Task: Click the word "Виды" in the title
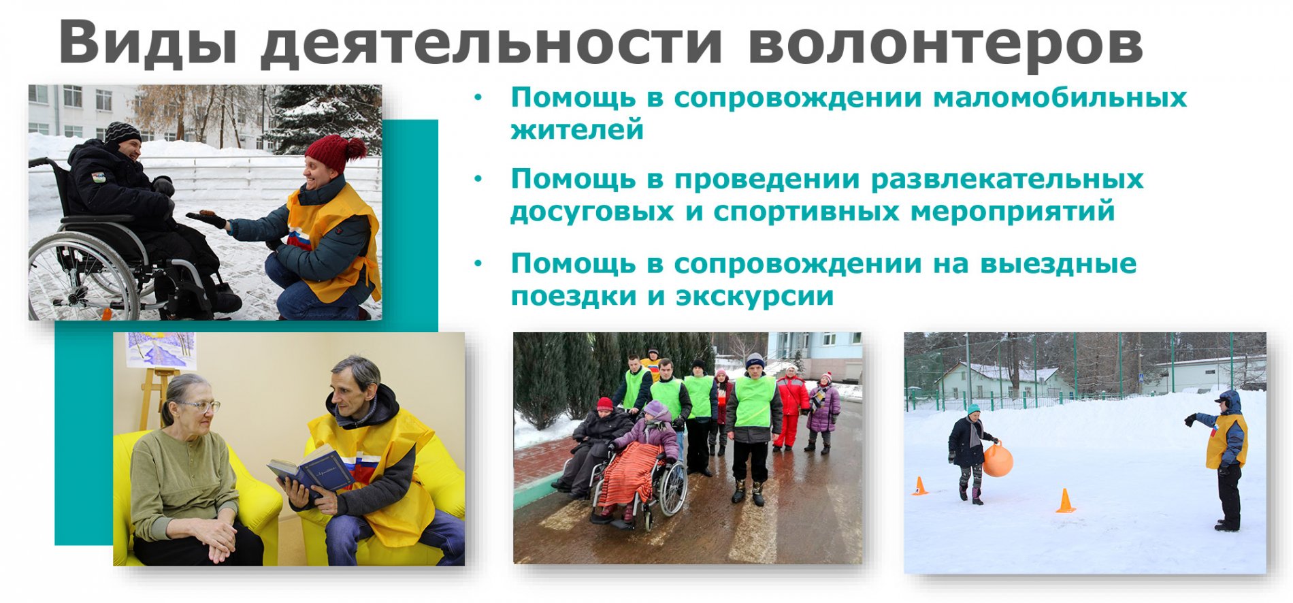click(148, 42)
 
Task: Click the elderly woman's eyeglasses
click(199, 406)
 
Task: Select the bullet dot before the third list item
click(478, 263)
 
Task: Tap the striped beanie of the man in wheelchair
click(122, 131)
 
